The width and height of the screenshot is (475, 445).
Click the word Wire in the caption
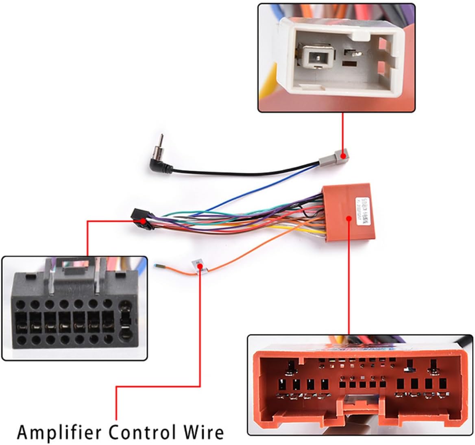202,432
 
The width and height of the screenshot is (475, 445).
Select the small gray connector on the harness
338,156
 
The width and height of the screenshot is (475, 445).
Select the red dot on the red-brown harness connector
349,218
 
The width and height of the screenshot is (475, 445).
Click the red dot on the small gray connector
343,155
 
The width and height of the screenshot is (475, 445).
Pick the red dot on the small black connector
142,221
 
